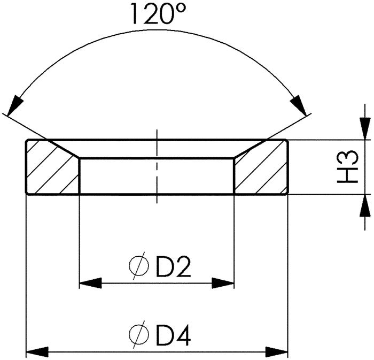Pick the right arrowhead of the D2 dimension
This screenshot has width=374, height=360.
click(x=223, y=282)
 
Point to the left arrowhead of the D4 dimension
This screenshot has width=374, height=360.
click(x=37, y=352)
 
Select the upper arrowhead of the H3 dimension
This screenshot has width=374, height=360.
click(x=365, y=129)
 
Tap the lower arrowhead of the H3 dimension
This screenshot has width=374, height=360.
click(x=365, y=205)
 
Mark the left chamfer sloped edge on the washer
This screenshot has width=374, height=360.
click(x=63, y=149)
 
